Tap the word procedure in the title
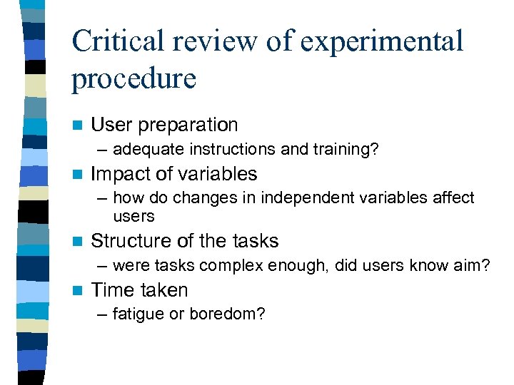point(133,78)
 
